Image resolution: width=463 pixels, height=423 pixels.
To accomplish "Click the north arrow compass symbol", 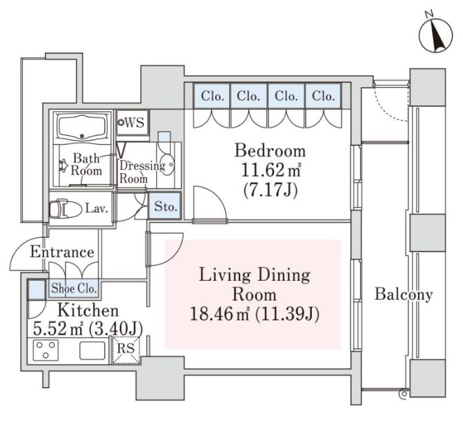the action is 435,35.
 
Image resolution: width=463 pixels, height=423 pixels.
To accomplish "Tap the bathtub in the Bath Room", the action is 82,127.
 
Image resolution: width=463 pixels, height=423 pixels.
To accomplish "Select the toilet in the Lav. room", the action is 66,209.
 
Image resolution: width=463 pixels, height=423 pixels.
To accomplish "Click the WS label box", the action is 132,123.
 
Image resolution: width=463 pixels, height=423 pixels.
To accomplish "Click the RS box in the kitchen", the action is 126,349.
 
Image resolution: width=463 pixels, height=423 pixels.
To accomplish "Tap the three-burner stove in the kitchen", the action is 46,350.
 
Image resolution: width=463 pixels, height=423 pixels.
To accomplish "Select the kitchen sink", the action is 92,351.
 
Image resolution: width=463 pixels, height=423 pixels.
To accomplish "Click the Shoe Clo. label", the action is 74,288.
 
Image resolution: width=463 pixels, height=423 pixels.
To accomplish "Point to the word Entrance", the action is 62,252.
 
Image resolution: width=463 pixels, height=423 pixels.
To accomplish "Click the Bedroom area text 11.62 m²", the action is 271,170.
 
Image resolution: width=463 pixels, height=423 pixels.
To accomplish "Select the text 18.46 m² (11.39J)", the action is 254,314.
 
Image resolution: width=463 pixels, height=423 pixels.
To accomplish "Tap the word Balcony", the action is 404,294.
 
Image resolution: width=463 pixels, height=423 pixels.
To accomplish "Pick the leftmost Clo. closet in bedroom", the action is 212,96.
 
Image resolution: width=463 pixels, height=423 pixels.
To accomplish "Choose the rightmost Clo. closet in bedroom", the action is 324,96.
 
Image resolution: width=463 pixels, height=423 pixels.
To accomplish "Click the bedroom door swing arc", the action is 217,195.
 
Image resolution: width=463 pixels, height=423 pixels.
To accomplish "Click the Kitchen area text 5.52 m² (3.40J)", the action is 88,328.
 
